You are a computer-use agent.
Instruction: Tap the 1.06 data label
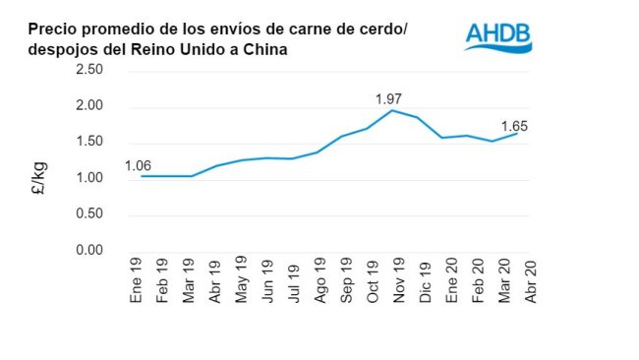139,164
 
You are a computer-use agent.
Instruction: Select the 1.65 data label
517,126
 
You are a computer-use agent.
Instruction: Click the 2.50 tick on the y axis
89,70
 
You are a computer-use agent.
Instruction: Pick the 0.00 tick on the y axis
89,250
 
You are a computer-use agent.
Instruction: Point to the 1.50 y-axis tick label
89,142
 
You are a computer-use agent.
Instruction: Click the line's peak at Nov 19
392,110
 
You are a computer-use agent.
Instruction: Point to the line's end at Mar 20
517,133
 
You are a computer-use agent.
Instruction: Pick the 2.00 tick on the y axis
89,106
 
